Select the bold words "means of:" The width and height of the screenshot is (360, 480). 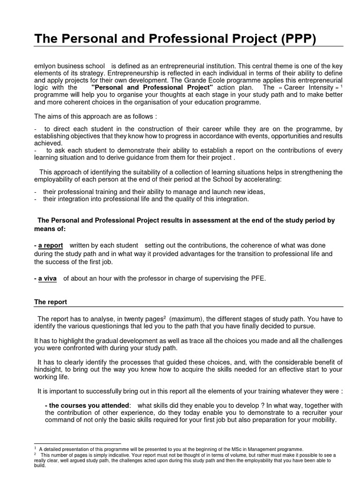50,229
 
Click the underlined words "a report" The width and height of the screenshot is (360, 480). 50,246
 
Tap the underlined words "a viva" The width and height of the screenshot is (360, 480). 47,278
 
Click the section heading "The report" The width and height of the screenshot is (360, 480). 51,302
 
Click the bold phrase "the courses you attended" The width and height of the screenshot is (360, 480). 87,405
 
